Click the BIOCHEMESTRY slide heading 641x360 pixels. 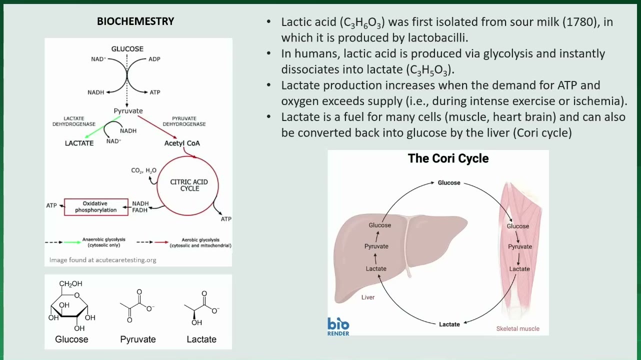click(x=135, y=21)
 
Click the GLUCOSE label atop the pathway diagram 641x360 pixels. click(x=127, y=49)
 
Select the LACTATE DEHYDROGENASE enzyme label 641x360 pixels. click(x=74, y=121)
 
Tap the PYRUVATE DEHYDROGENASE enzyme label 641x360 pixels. click(x=184, y=121)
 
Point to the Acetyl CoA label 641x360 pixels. click(x=182, y=143)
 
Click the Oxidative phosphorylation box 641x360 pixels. click(x=96, y=207)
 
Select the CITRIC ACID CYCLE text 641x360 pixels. click(x=189, y=185)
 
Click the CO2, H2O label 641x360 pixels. click(x=143, y=170)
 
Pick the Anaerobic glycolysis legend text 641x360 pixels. click(x=104, y=242)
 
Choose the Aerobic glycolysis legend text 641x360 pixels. click(x=200, y=242)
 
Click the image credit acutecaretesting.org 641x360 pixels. click(x=102, y=260)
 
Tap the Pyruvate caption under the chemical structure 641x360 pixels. click(x=138, y=339)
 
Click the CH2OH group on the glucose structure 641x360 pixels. click(x=70, y=283)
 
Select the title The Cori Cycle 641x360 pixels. click(x=448, y=158)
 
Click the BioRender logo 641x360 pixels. click(x=338, y=326)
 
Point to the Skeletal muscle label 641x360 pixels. click(x=517, y=328)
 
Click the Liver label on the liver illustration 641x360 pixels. click(x=367, y=297)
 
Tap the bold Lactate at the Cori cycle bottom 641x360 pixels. click(x=449, y=324)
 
